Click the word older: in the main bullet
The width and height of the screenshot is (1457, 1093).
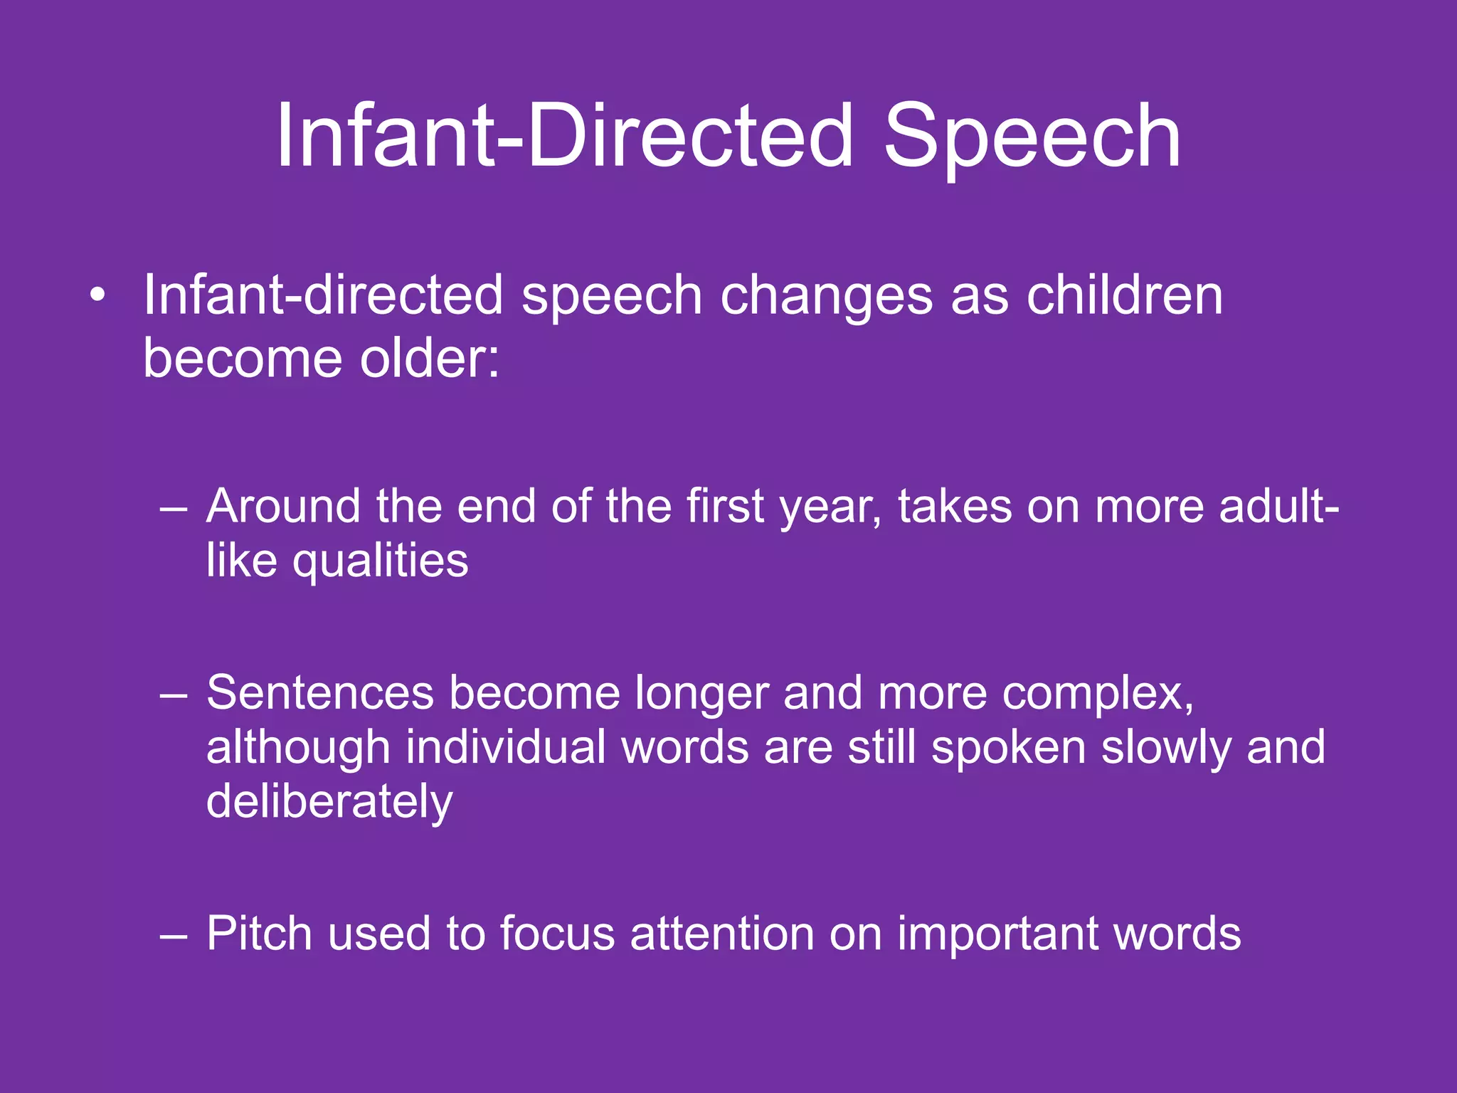[x=430, y=357]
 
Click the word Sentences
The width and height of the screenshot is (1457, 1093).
[x=320, y=693]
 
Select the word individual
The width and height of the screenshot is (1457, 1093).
[x=505, y=747]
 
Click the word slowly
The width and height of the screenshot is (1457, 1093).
[x=1166, y=749]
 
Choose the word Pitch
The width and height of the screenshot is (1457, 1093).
[x=259, y=934]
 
